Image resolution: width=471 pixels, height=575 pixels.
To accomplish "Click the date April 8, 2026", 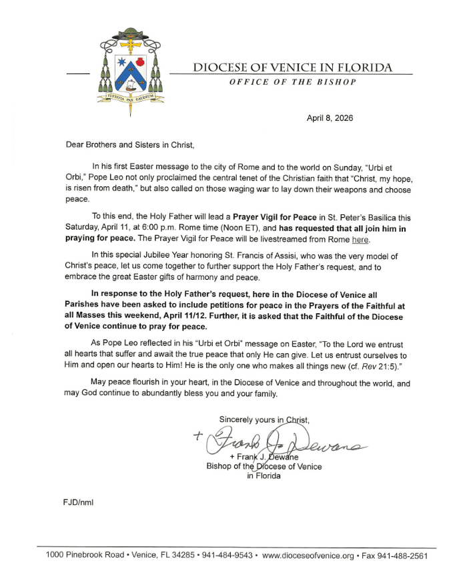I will tap(330, 118).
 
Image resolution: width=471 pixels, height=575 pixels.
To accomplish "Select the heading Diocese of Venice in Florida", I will tap(292, 67).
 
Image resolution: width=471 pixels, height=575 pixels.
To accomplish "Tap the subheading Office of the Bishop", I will tap(292, 81).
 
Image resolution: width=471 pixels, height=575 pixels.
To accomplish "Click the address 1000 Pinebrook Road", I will tap(83, 556).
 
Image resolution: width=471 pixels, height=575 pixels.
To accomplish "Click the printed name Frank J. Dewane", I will tap(264, 456).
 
